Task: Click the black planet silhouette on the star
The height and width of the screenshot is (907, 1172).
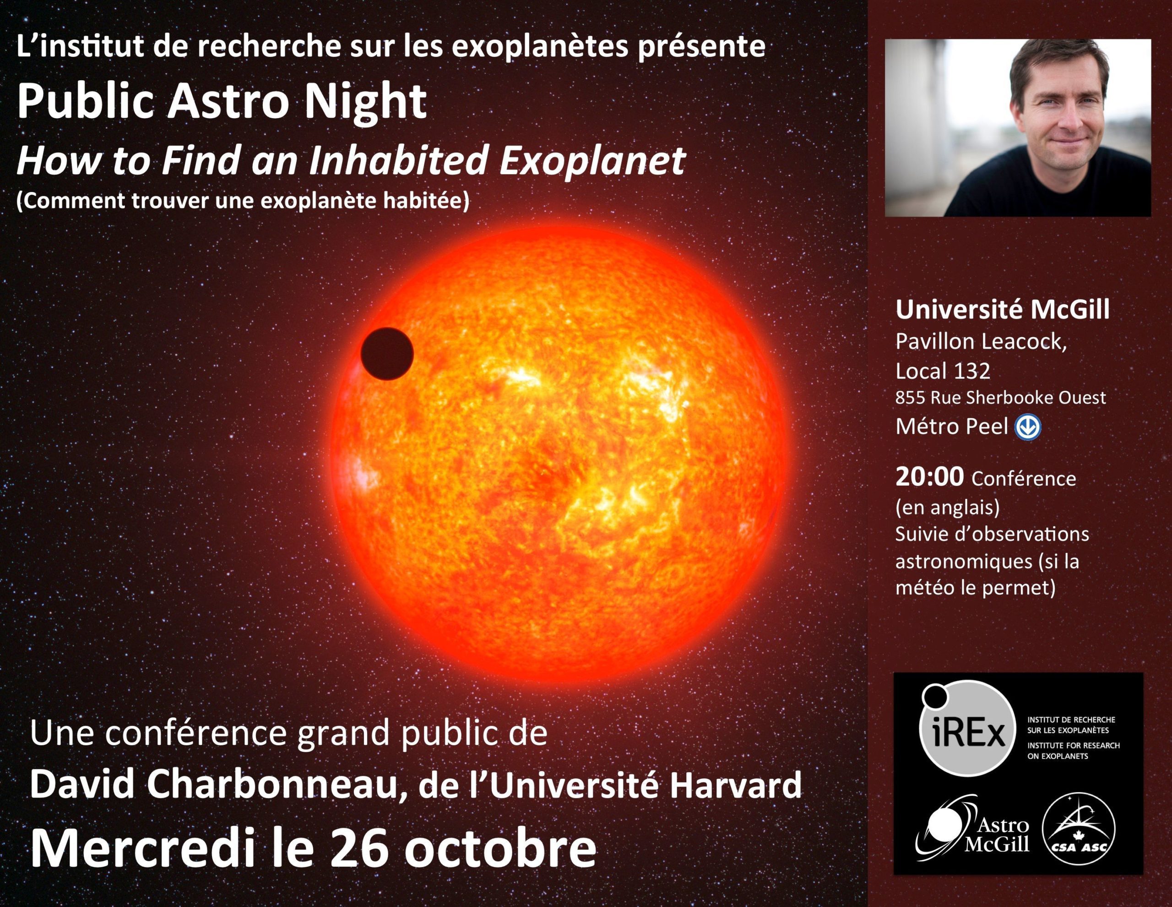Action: pyautogui.click(x=387, y=354)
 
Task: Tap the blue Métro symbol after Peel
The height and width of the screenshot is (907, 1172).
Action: pyautogui.click(x=1028, y=427)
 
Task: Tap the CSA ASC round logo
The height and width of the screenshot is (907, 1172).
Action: pyautogui.click(x=1078, y=830)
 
